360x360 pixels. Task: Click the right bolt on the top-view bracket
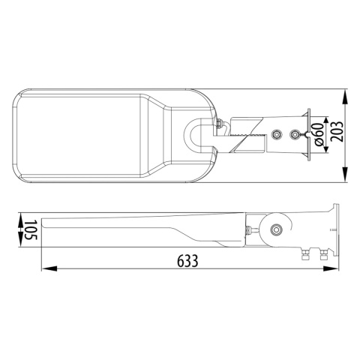[295, 135]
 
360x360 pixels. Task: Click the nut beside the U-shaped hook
[217, 125]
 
